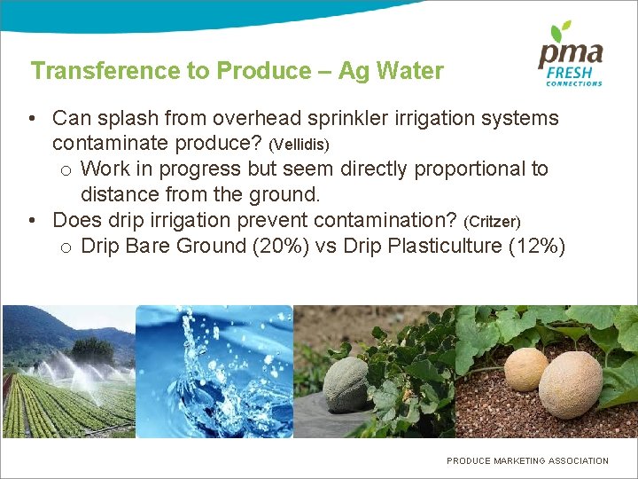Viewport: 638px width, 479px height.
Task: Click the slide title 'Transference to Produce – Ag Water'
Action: point(237,71)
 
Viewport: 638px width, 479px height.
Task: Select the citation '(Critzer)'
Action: point(492,221)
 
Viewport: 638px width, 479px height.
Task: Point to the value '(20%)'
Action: point(281,246)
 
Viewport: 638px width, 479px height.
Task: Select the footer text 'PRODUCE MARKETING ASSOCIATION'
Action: point(527,460)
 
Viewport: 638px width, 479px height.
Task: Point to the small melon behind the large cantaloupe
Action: point(525,368)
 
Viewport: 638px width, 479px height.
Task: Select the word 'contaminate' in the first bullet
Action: point(108,143)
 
